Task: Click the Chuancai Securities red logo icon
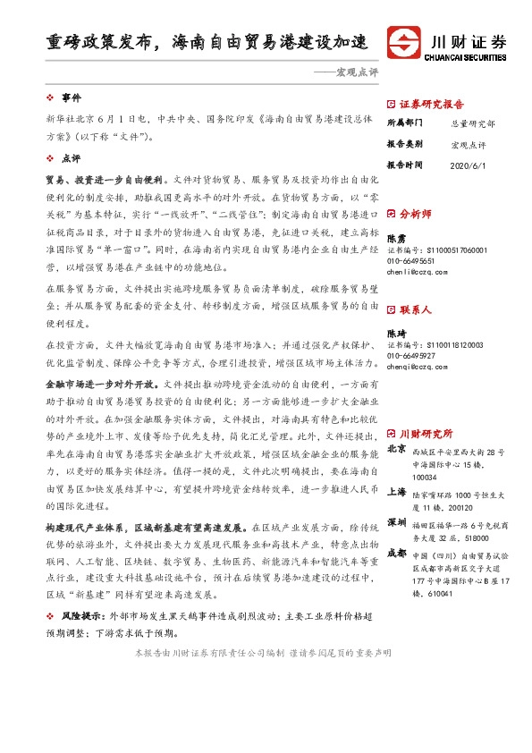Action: coord(403,42)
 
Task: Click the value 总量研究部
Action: coord(471,123)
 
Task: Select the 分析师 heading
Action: coord(415,215)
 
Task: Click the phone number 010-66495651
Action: coord(412,261)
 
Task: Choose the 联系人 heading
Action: coord(415,310)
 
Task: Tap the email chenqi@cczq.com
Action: coord(414,366)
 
